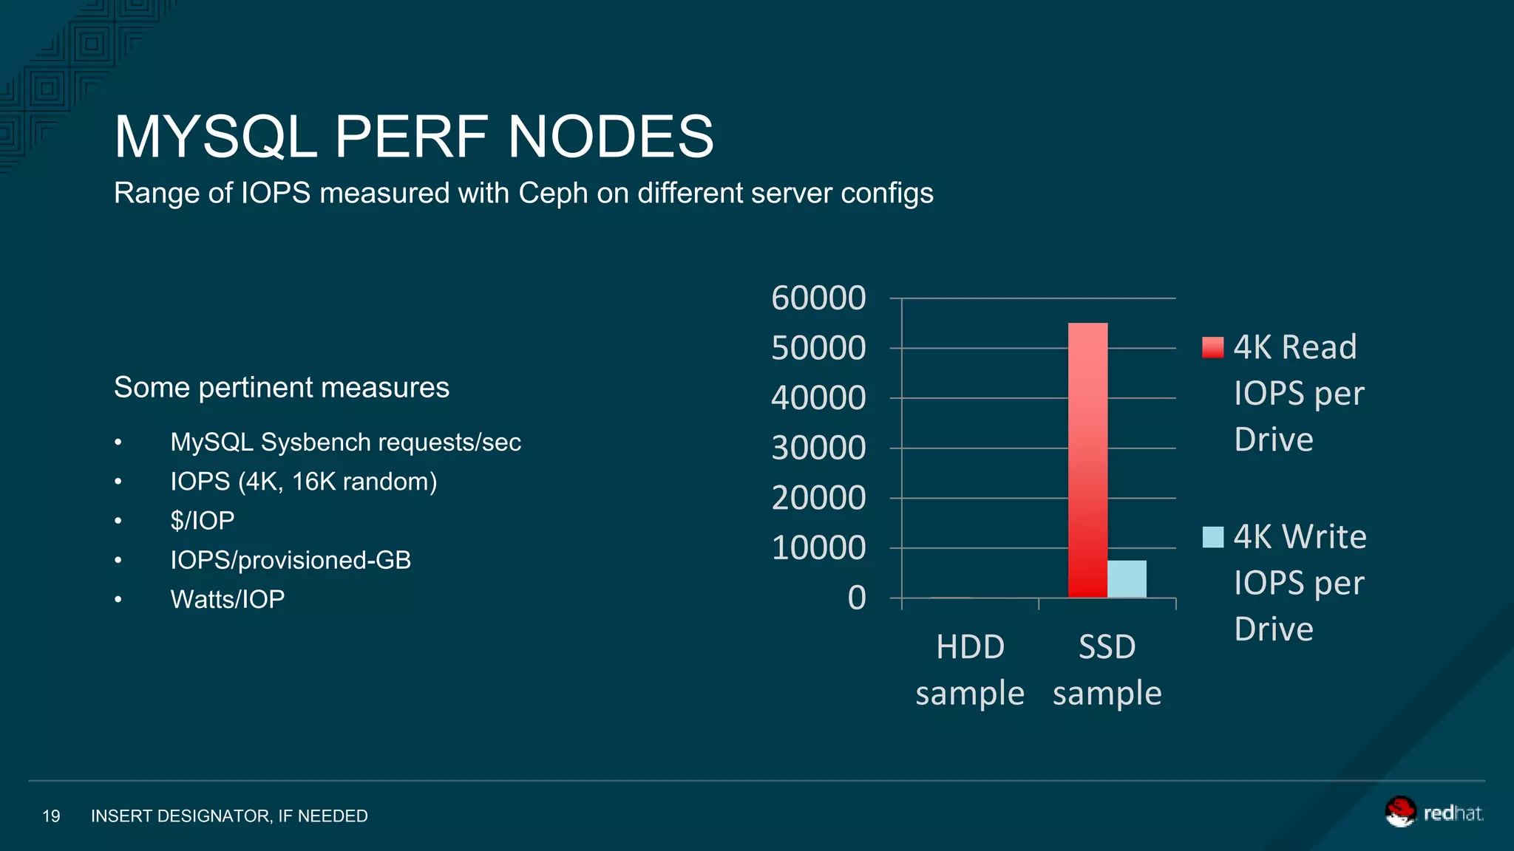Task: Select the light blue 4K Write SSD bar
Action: pos(1127,579)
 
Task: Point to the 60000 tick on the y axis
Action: pos(818,298)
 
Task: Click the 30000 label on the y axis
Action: pos(818,448)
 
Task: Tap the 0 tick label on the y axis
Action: pos(856,598)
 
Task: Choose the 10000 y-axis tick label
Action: pos(818,548)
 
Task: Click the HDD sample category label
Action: pos(970,669)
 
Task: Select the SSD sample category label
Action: pos(1107,669)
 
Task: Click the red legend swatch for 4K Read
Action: pos(1212,347)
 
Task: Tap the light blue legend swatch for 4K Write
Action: pos(1212,537)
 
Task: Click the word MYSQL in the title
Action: pos(215,137)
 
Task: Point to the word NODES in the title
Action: pos(611,137)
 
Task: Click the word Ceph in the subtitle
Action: pos(552,194)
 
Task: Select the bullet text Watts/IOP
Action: pos(227,599)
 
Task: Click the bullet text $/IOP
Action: pos(202,521)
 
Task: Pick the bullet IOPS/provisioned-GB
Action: pos(291,560)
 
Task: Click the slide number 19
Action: pos(51,816)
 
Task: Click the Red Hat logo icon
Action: pos(1399,812)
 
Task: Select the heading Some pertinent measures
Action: pos(281,388)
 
